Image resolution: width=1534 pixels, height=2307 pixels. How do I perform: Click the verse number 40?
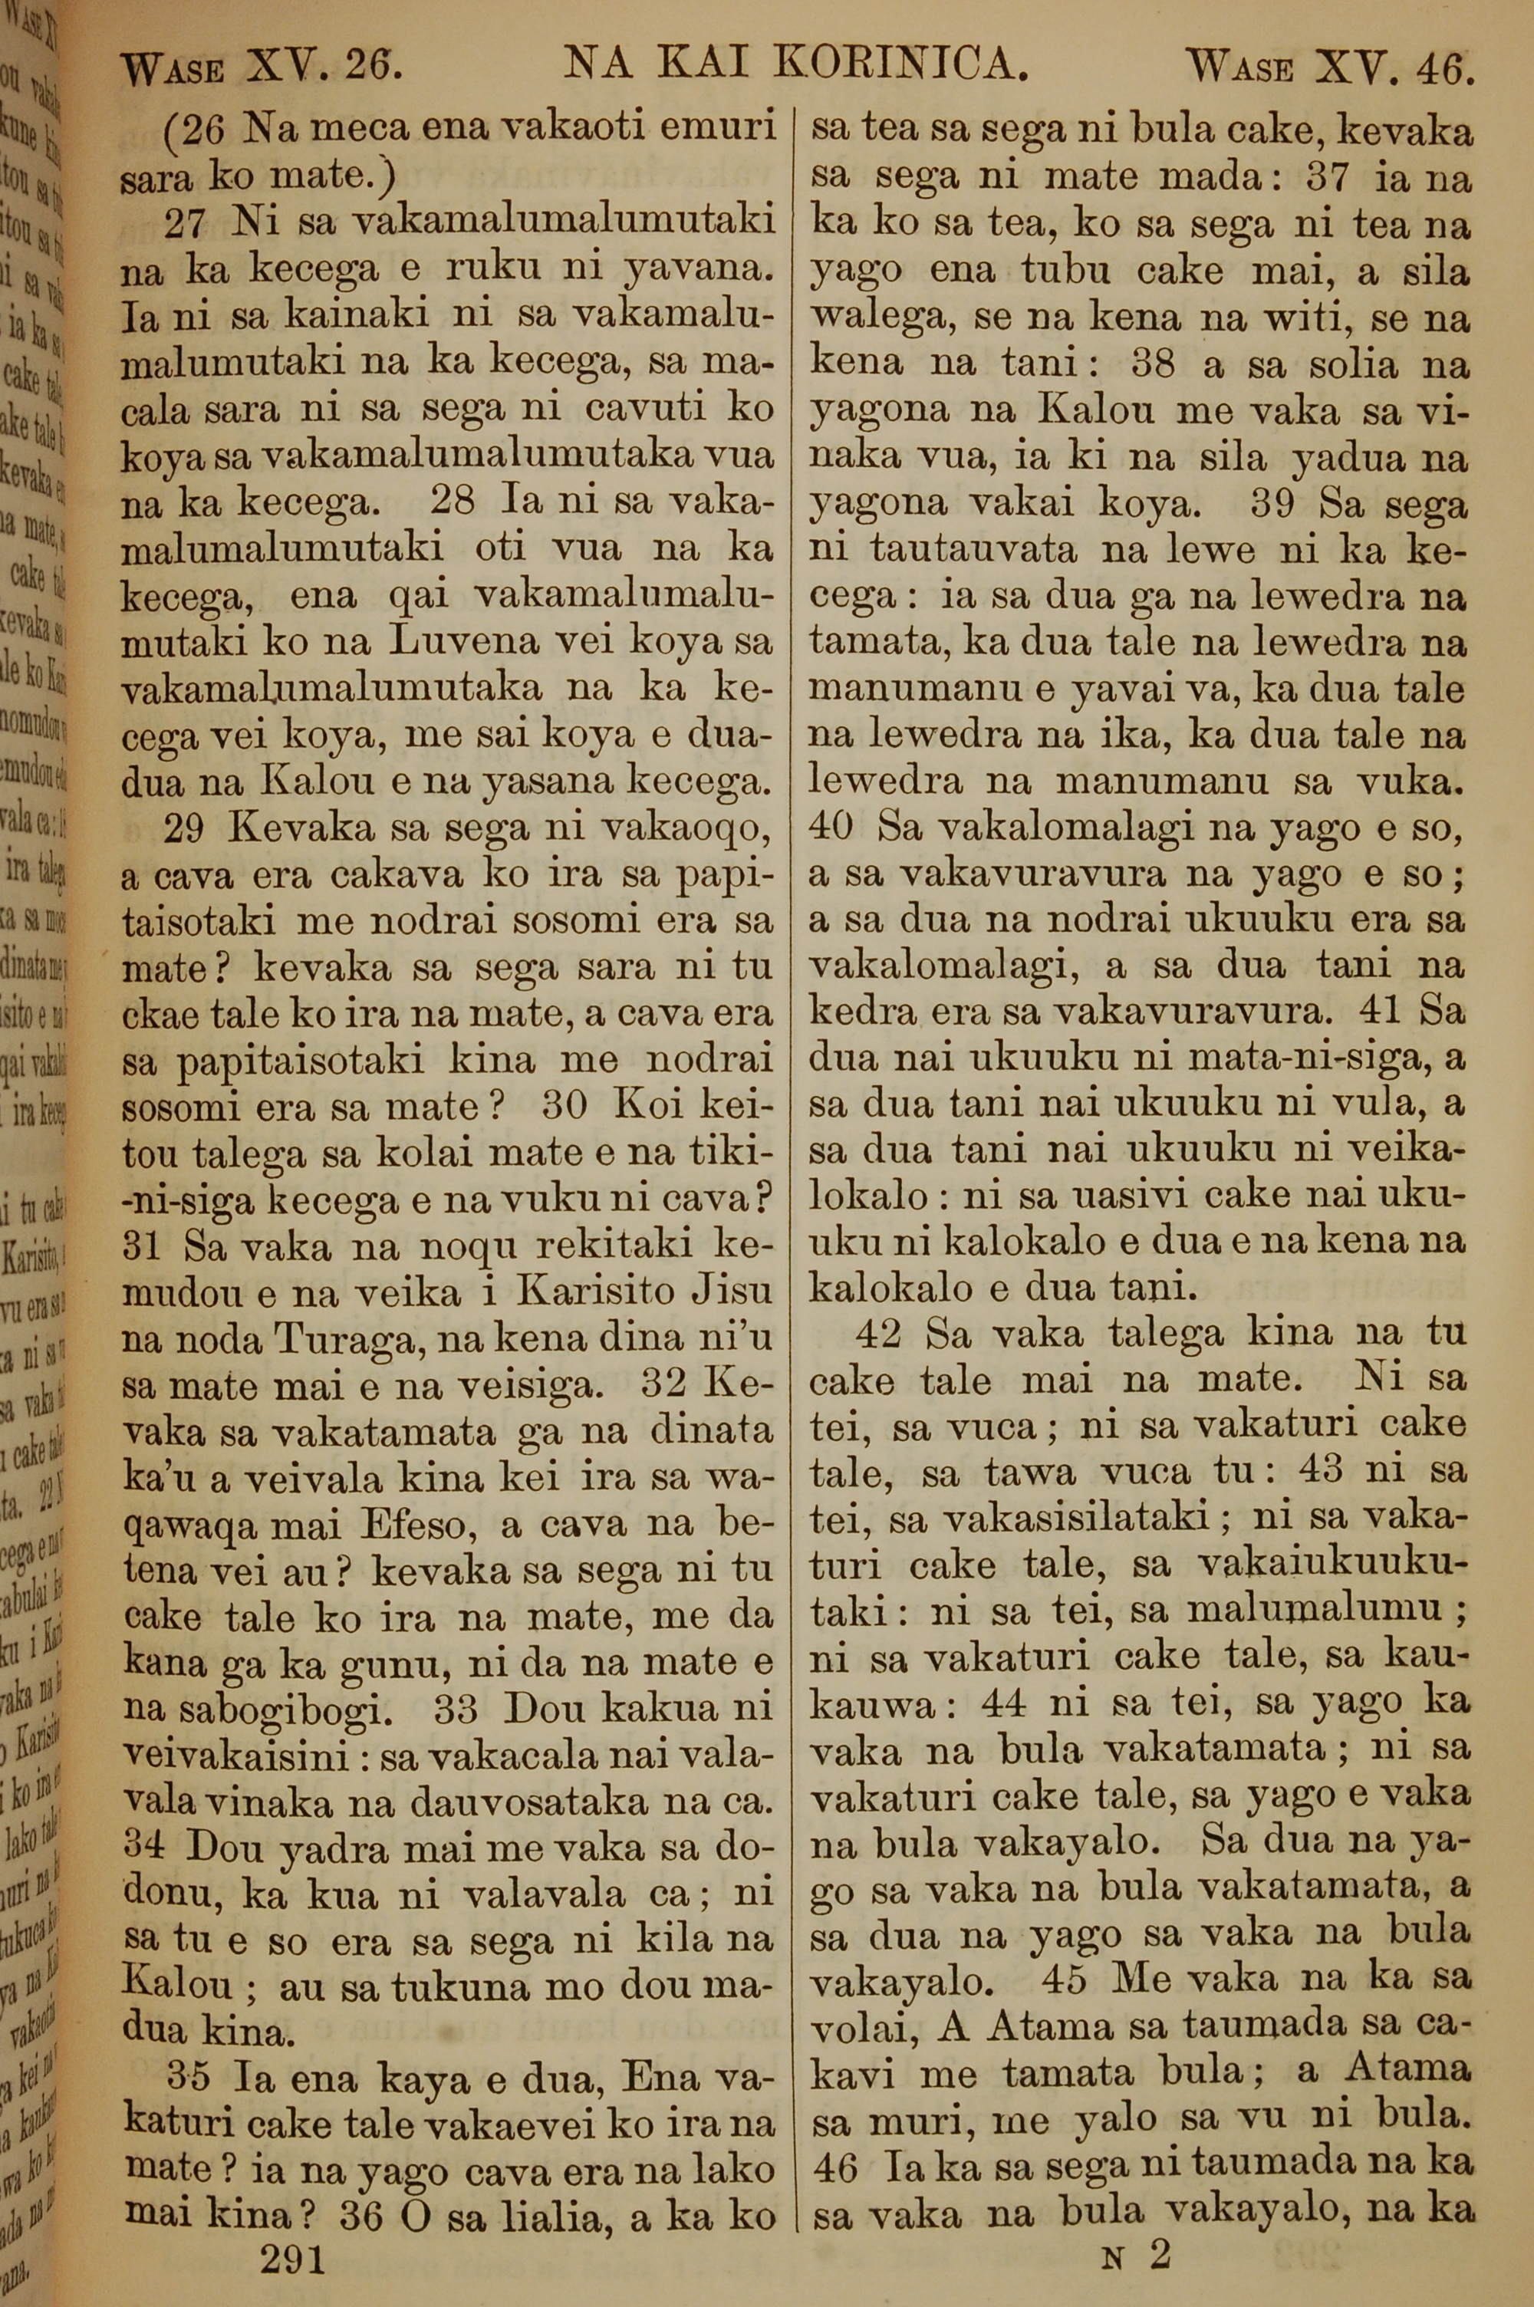tap(832, 828)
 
